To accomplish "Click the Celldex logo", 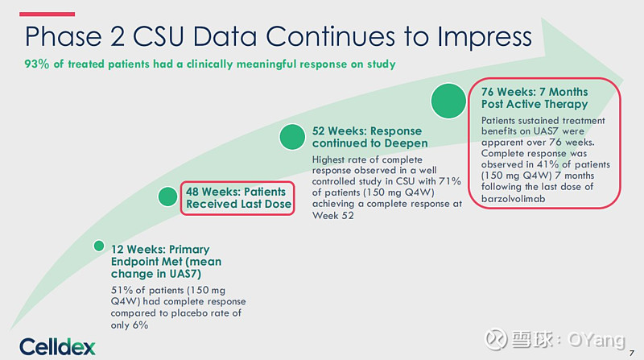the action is [x=57, y=347].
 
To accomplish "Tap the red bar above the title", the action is [x=47, y=14].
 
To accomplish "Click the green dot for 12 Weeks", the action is [x=98, y=246].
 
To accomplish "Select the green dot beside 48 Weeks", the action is [x=167, y=197].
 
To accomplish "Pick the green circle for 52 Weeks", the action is [x=292, y=137].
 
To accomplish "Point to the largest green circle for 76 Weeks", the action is [x=448, y=101].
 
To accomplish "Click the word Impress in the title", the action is [x=485, y=37].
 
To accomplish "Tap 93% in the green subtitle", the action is [x=36, y=64].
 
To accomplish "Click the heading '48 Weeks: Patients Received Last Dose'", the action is [x=238, y=197].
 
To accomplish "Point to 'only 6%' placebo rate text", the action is [x=130, y=325].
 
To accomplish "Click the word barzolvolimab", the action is [x=514, y=199].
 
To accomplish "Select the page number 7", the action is [x=632, y=353].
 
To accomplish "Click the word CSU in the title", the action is [x=158, y=36].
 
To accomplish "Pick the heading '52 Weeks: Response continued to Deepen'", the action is [x=369, y=137].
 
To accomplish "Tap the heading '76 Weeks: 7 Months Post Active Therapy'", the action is [x=535, y=97].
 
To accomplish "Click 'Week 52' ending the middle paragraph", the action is [x=332, y=215].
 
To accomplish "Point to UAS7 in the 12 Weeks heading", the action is [x=185, y=274].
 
